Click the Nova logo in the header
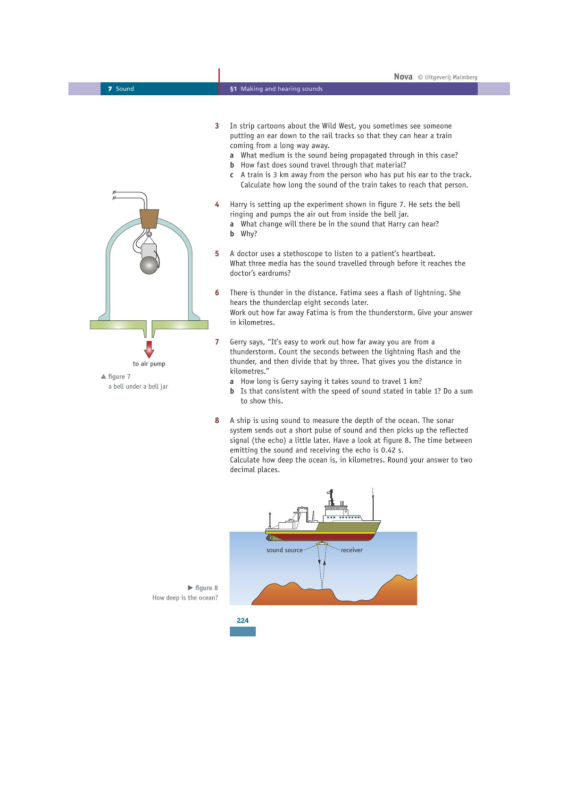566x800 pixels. (x=403, y=76)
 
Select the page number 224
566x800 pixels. (x=242, y=620)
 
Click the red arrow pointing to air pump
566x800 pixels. (x=149, y=349)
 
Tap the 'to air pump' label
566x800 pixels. (x=149, y=364)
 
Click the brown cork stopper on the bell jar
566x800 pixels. (x=149, y=218)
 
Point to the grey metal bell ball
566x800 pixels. (x=149, y=265)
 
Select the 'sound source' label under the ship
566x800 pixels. (x=284, y=550)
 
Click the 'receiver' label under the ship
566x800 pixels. (x=352, y=550)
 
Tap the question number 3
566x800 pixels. (x=217, y=126)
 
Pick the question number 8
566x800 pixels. (x=217, y=420)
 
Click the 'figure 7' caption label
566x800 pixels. (x=119, y=376)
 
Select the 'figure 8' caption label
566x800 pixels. (x=206, y=588)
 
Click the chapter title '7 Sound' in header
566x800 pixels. (x=121, y=89)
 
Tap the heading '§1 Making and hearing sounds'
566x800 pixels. (x=276, y=89)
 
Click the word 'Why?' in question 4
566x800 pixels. (x=249, y=234)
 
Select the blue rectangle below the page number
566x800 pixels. (x=242, y=632)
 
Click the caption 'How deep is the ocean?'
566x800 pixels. (x=185, y=598)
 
